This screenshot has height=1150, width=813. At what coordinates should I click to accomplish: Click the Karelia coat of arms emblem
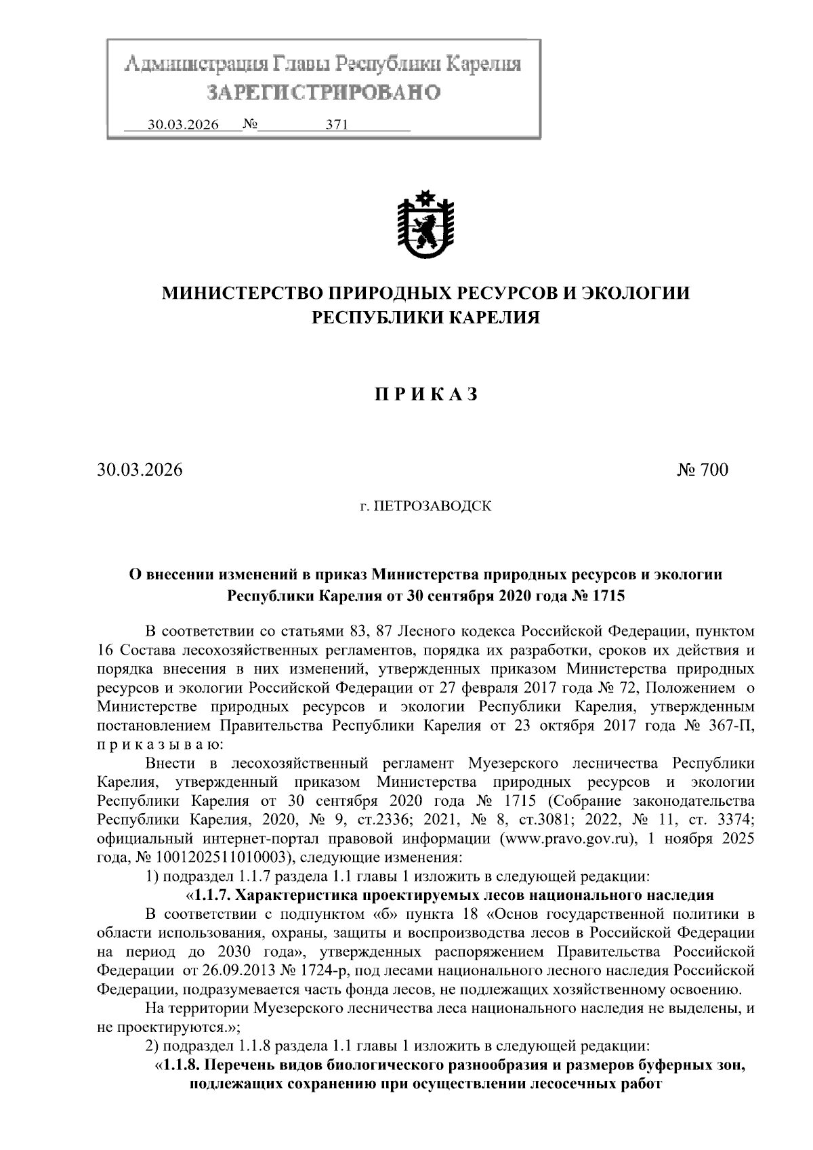point(425,226)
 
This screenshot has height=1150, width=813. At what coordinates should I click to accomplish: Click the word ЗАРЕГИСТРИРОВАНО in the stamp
point(323,92)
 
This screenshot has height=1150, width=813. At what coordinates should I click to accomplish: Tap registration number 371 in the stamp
point(337,125)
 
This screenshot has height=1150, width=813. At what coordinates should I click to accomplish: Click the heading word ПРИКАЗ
point(427,394)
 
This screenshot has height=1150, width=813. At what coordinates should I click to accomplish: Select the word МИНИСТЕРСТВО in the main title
point(241,293)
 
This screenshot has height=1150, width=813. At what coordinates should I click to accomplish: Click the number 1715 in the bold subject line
point(608,596)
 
